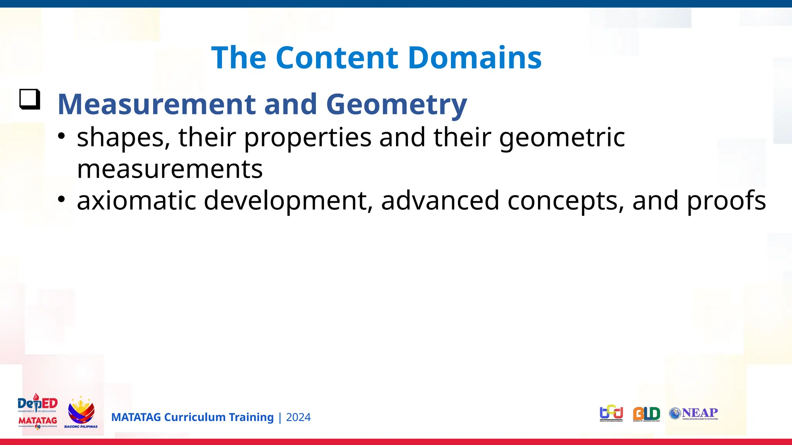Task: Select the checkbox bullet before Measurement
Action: click(x=30, y=99)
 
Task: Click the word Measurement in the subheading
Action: click(x=156, y=104)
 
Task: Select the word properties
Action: click(x=307, y=138)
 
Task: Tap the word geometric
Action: click(x=562, y=138)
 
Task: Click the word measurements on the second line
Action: click(x=170, y=169)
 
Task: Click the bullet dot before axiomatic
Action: click(x=61, y=199)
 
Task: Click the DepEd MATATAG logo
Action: click(x=38, y=412)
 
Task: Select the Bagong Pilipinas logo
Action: click(x=81, y=413)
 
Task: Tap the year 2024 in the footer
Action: click(x=298, y=417)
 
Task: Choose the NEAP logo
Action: click(x=694, y=413)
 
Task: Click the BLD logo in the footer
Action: click(x=646, y=414)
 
